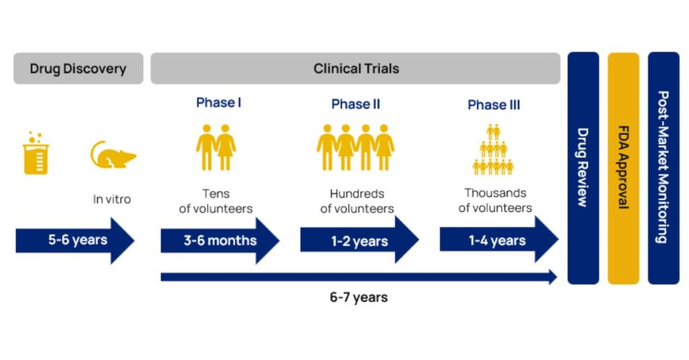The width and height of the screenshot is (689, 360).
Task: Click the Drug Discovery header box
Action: pos(78,69)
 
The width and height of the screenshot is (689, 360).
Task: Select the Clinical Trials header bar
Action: pos(355,69)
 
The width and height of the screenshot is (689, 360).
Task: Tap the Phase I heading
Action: pos(219,103)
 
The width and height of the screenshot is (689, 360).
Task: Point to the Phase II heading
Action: pos(355,104)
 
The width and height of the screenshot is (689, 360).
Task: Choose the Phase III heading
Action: pos(494,105)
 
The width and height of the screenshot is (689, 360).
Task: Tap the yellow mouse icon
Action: pos(113,155)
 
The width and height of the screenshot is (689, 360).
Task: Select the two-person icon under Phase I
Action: pos(216,147)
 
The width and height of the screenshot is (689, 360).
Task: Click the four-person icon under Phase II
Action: pos(355,147)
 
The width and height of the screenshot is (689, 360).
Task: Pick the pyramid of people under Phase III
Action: pos(493,149)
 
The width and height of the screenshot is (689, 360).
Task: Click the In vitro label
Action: pos(112,199)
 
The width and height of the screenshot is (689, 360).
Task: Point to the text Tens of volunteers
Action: pos(216,201)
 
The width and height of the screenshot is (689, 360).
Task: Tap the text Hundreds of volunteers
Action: pos(357,201)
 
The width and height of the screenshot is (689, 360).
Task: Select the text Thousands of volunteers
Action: pos(495,201)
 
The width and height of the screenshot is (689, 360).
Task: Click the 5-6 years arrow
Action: pos(75,240)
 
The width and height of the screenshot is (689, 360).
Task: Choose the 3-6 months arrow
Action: pos(220,240)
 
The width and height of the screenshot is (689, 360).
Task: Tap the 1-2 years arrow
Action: pos(359,240)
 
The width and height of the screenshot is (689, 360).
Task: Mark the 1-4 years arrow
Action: pos(499,240)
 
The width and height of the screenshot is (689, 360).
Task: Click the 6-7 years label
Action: pos(359,297)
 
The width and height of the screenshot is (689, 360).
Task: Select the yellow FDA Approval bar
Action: pos(623,168)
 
